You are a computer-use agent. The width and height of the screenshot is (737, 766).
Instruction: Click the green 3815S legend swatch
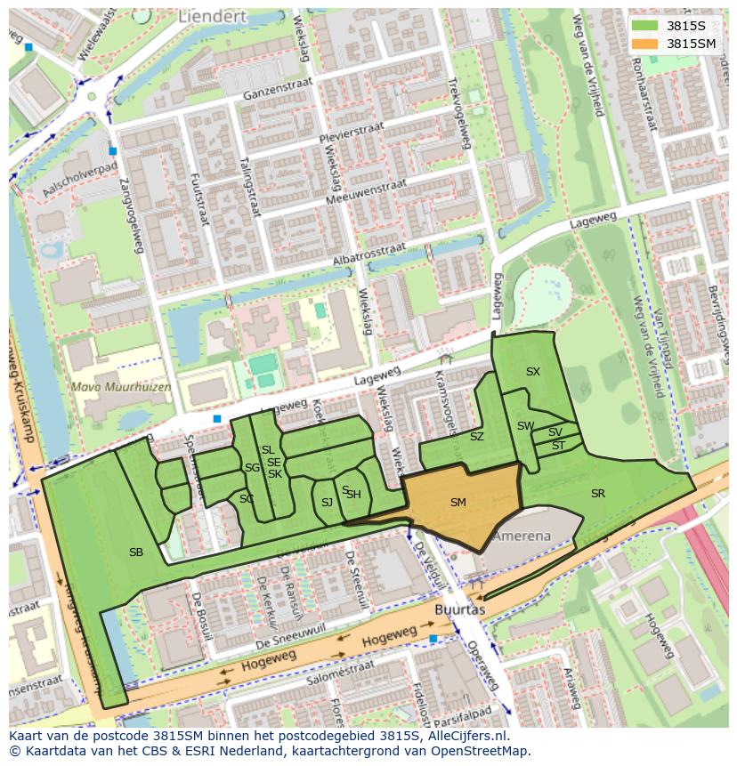coord(645,26)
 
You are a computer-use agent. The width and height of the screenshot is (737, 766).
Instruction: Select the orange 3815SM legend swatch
coord(645,44)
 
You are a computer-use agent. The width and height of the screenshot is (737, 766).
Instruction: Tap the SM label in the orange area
coord(458,503)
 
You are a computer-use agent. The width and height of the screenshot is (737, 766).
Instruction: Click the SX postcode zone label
coord(532,372)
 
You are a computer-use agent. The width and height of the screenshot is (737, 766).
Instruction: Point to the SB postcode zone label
coord(136,552)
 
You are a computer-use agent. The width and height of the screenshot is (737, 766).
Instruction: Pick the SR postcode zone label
coord(597,494)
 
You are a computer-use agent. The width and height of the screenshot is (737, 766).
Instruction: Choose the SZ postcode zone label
coord(476,437)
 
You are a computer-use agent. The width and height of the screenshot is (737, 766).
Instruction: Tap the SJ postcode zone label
coord(327,503)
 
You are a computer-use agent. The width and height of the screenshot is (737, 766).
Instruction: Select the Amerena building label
coord(522,536)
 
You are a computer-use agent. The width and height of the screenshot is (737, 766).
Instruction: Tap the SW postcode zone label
coord(525,426)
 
